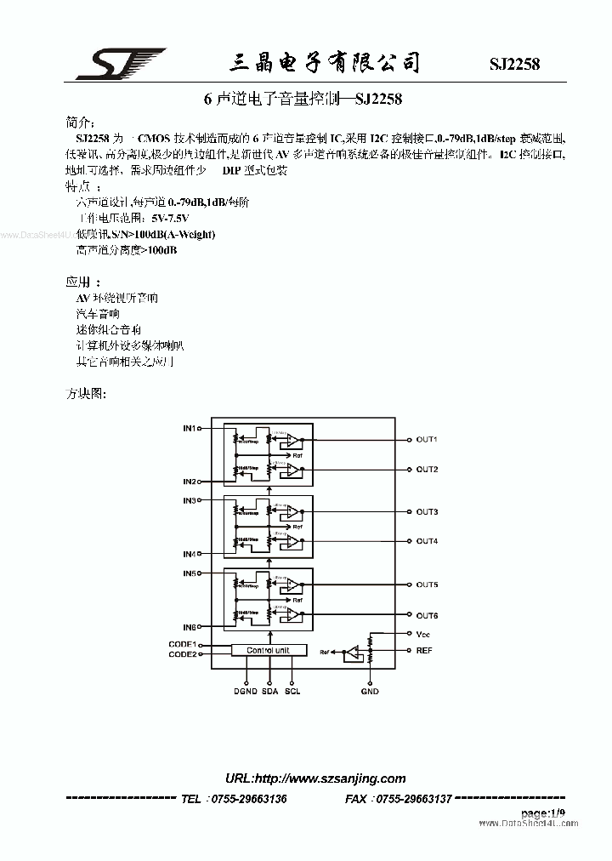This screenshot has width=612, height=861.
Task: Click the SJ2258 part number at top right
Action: pyautogui.click(x=514, y=65)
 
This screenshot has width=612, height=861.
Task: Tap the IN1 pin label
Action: pyautogui.click(x=189, y=428)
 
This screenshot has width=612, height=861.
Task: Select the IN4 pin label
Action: pyautogui.click(x=189, y=554)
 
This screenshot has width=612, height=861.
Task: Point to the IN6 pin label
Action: pyautogui.click(x=189, y=627)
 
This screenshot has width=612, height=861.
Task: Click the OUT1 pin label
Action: pyautogui.click(x=427, y=440)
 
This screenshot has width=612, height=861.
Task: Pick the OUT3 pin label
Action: pyautogui.click(x=427, y=512)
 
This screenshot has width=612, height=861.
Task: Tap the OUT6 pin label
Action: pyautogui.click(x=427, y=615)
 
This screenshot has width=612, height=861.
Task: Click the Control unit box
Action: pyautogui.click(x=268, y=650)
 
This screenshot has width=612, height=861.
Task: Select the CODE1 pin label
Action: pyautogui.click(x=182, y=644)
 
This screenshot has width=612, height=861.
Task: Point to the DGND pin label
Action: pyautogui.click(x=246, y=692)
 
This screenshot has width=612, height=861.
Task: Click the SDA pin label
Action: pyautogui.click(x=270, y=692)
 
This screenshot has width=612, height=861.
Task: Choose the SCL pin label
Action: pyautogui.click(x=293, y=692)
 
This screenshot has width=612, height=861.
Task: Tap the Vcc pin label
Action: pyautogui.click(x=423, y=634)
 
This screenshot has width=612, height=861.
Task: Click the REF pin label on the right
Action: pyautogui.click(x=424, y=650)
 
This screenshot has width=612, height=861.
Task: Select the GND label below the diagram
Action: pyautogui.click(x=370, y=692)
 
